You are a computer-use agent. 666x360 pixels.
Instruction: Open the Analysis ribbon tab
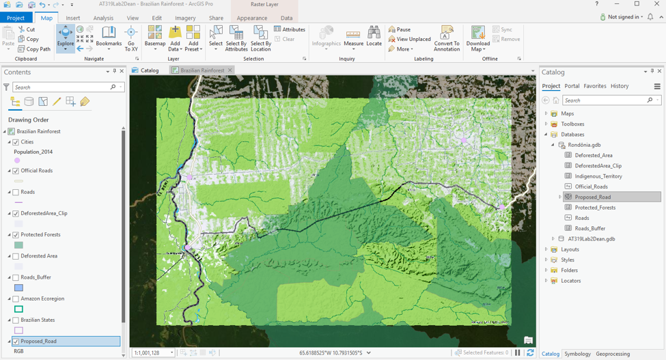pyautogui.click(x=103, y=18)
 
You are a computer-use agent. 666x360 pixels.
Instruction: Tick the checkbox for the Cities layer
pyautogui.click(x=16, y=142)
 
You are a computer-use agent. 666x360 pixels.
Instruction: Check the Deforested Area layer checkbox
pyautogui.click(x=16, y=256)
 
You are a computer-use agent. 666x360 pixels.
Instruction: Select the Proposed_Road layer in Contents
pyautogui.click(x=39, y=341)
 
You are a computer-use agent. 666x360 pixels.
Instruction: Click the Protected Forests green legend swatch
pyautogui.click(x=18, y=245)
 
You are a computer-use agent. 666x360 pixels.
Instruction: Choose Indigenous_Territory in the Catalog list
pyautogui.click(x=598, y=176)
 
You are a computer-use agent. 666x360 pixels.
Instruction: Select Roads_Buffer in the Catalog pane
pyautogui.click(x=589, y=228)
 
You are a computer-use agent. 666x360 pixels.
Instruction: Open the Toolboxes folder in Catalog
pyautogui.click(x=572, y=124)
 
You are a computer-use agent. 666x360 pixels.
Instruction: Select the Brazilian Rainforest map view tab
pyautogui.click(x=202, y=70)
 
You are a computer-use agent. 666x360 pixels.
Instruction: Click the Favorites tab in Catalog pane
pyautogui.click(x=594, y=86)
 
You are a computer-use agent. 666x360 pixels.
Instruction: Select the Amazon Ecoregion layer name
pyautogui.click(x=42, y=299)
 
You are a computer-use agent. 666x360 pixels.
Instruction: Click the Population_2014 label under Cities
pyautogui.click(x=33, y=152)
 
